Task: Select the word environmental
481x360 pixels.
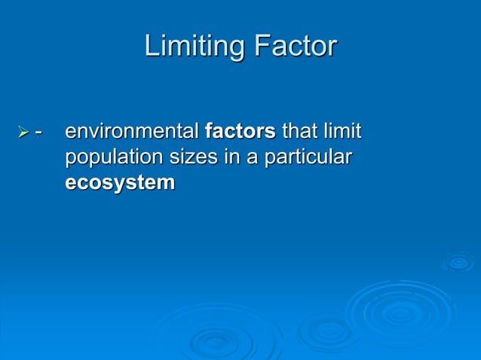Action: tap(132, 133)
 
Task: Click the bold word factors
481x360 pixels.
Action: tap(240, 133)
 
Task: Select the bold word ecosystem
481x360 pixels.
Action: tap(119, 183)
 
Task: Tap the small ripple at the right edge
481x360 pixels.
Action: tap(458, 262)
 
